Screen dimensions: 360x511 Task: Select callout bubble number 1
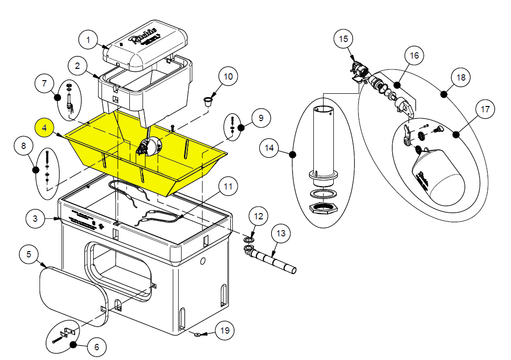tap(88, 40)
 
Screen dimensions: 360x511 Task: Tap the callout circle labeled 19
tap(225, 331)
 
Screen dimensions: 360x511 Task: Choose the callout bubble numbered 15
tap(344, 39)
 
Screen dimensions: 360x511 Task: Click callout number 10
tap(228, 77)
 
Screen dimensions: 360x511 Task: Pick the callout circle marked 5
tap(29, 255)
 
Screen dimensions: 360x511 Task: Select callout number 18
tap(461, 78)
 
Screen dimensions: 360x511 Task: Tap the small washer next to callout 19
tap(197, 335)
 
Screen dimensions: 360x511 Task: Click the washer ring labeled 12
tap(249, 240)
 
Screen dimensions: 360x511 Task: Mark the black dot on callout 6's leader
tap(73, 345)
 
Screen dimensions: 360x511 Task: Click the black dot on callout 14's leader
tap(293, 155)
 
